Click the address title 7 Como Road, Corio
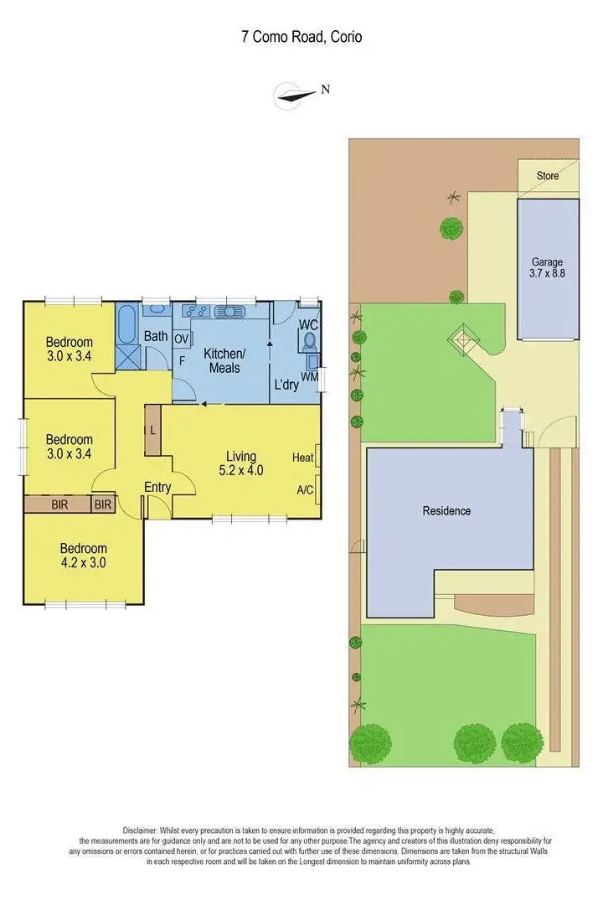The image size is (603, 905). pos(301,37)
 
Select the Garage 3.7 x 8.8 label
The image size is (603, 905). pos(548,266)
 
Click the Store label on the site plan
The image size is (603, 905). pos(548,176)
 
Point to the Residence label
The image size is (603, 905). pos(446,511)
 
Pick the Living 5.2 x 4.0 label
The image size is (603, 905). pos(240,463)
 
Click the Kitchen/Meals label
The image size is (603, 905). pos(224,360)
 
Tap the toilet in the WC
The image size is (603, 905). pos(308,341)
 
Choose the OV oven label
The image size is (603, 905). pos(181,337)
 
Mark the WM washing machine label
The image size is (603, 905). pos(309,377)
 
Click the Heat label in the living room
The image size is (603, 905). pos(302,458)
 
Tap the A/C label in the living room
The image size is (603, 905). pos(304,489)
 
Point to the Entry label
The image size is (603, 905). pos(157,488)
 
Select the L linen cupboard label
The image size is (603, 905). pos(152,429)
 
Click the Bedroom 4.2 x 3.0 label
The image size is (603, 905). pos(82,556)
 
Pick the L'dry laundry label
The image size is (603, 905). pos(286,386)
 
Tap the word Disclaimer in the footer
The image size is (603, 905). pos(146,829)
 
